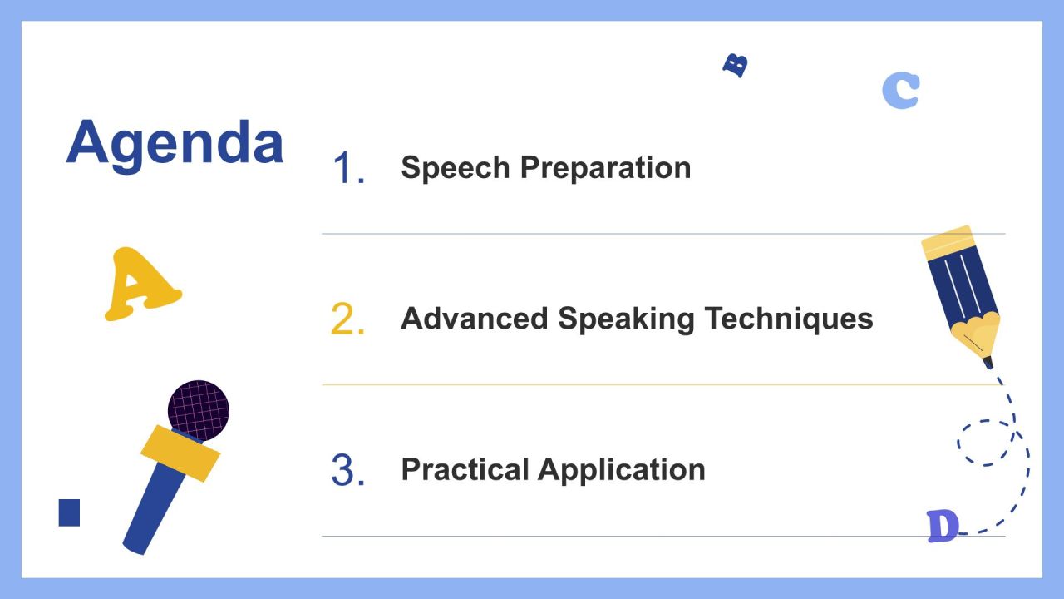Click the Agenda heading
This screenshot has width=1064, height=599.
(175, 145)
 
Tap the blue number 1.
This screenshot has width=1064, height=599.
(348, 167)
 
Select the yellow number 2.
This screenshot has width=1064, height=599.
(347, 319)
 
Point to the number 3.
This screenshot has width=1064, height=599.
(347, 470)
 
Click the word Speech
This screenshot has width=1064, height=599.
(456, 168)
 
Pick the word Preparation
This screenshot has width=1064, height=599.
(606, 168)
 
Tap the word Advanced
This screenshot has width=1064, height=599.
(475, 318)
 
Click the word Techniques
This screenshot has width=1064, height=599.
(789, 319)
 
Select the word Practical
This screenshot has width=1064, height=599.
(465, 469)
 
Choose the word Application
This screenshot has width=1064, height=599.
(622, 470)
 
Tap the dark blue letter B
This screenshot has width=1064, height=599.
(736, 65)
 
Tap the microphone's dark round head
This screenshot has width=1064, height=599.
(199, 410)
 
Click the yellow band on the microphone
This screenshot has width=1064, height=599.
(180, 453)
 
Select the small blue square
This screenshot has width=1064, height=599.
(69, 512)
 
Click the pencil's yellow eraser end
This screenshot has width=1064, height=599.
(948, 242)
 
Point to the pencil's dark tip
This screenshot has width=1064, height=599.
(988, 362)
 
